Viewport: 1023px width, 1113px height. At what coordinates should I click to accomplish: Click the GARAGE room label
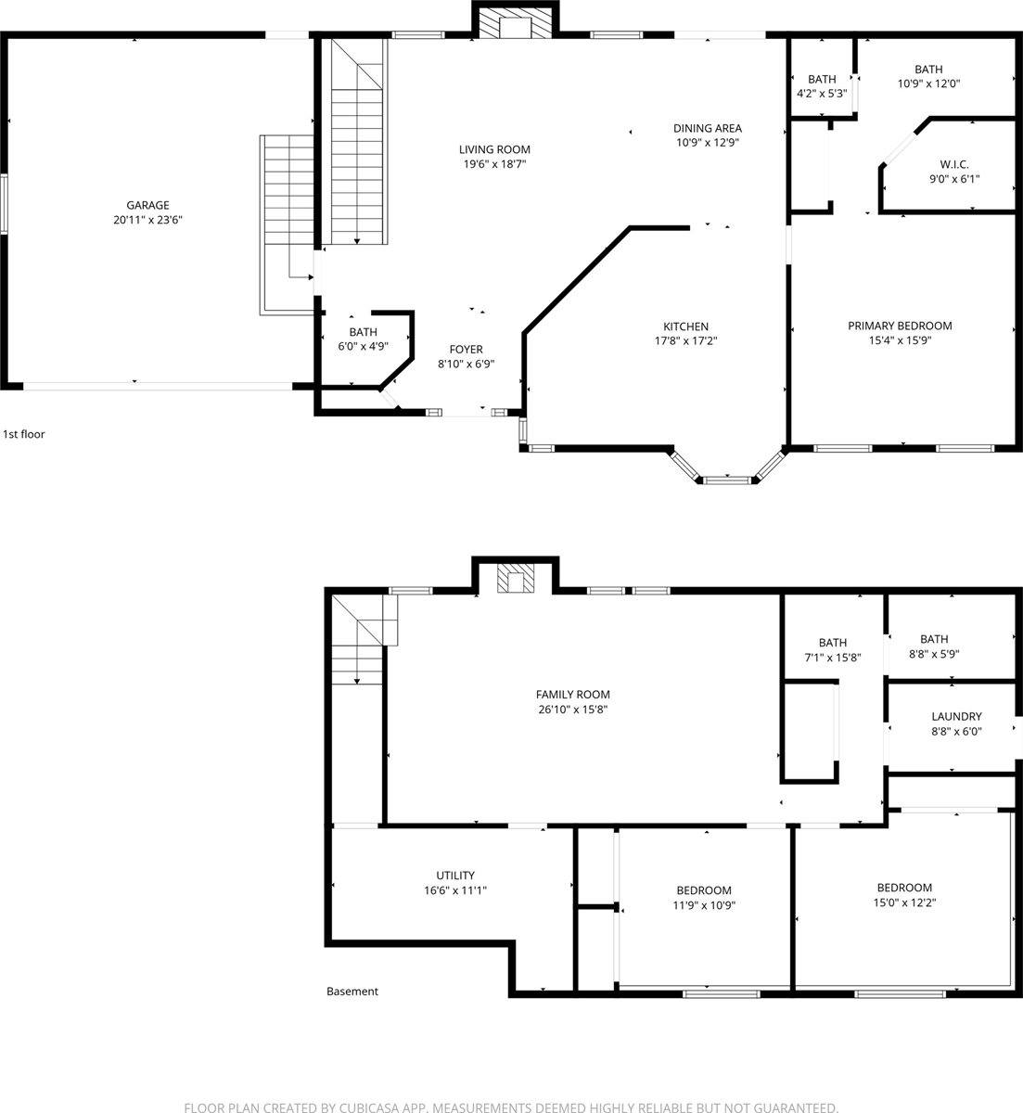148,205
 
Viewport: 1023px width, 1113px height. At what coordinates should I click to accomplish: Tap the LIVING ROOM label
495,149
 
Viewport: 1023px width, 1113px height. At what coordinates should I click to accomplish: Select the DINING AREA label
708,128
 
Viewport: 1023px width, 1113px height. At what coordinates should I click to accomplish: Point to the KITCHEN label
685,326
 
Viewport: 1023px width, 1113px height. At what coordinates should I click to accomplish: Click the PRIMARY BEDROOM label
900,326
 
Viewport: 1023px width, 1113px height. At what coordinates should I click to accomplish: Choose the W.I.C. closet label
953,164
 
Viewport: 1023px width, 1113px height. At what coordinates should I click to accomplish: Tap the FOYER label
466,350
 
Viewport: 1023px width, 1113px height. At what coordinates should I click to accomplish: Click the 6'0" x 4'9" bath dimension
363,347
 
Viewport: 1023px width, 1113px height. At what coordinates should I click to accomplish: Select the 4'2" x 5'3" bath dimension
822,94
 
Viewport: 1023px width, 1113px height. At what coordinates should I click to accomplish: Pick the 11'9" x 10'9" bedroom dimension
704,905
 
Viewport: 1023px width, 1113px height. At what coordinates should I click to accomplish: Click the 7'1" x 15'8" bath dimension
833,658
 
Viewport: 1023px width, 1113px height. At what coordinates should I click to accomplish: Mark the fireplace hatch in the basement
516,581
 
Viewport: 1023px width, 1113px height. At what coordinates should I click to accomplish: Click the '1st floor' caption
24,434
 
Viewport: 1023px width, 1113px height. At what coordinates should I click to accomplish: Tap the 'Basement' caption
352,991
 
